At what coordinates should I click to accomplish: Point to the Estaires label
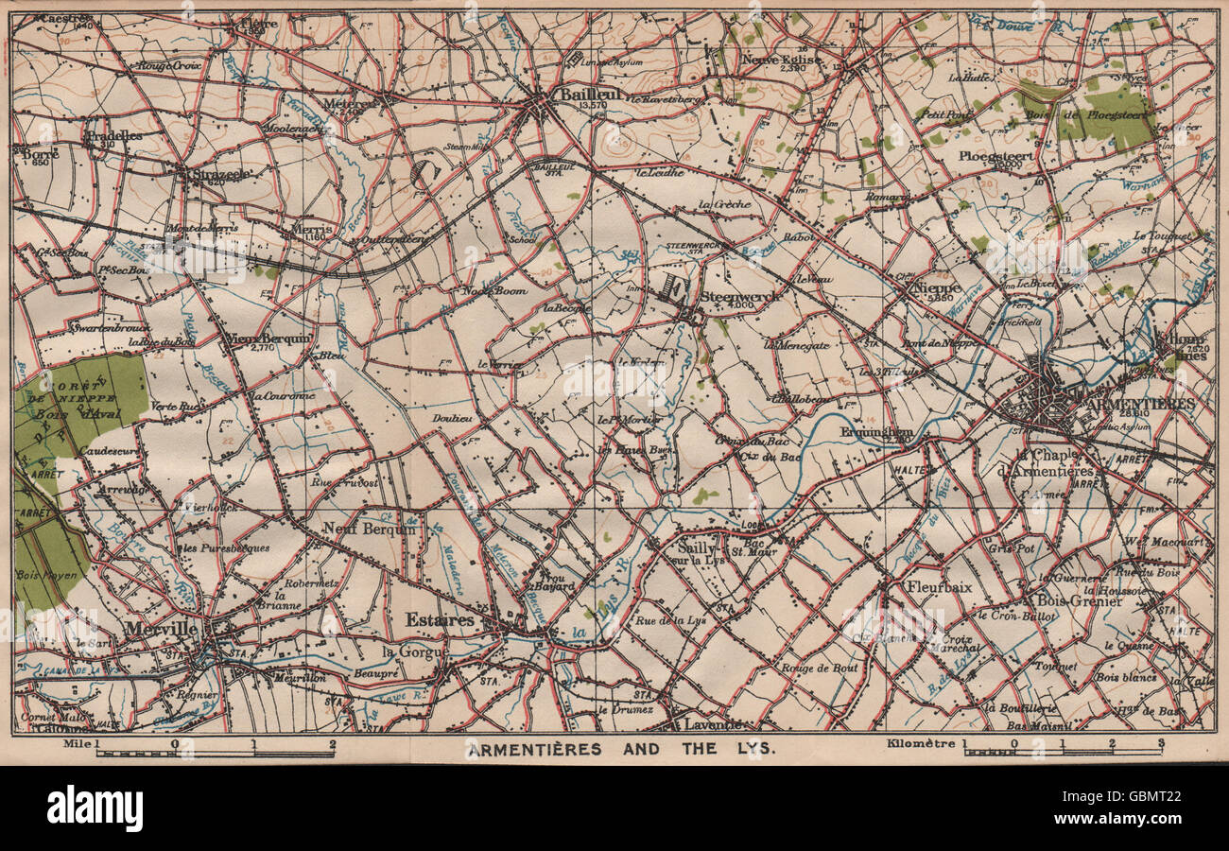click(x=440, y=619)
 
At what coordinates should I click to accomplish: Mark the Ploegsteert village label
click(x=992, y=156)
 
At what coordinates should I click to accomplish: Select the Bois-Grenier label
click(x=1079, y=600)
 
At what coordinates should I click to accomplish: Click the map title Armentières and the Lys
click(x=620, y=749)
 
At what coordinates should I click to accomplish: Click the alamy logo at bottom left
click(x=95, y=808)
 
